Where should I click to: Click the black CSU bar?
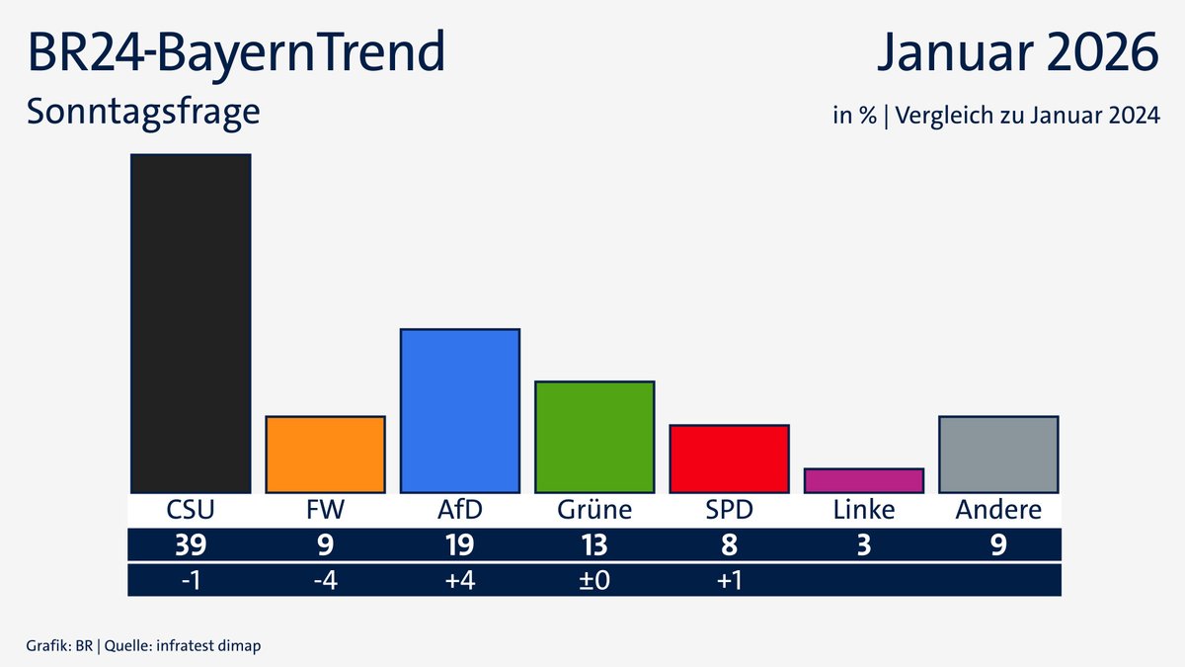(191, 323)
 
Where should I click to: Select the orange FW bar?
(325, 455)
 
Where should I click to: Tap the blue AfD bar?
(459, 410)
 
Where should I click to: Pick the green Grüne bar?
(594, 437)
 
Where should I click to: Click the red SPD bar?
(729, 459)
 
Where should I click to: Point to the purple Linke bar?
(863, 480)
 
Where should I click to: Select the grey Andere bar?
(998, 455)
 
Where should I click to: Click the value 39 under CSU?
(191, 545)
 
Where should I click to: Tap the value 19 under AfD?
(459, 545)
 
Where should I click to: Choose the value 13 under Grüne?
(594, 545)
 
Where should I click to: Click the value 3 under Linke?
(863, 545)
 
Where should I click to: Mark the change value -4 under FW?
(325, 580)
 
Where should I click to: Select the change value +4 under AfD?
(459, 580)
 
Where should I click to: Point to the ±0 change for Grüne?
(594, 580)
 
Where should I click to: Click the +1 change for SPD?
(729, 580)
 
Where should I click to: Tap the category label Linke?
(863, 510)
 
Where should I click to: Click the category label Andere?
(998, 510)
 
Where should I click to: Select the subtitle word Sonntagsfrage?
(143, 112)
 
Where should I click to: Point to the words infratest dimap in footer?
(214, 645)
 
